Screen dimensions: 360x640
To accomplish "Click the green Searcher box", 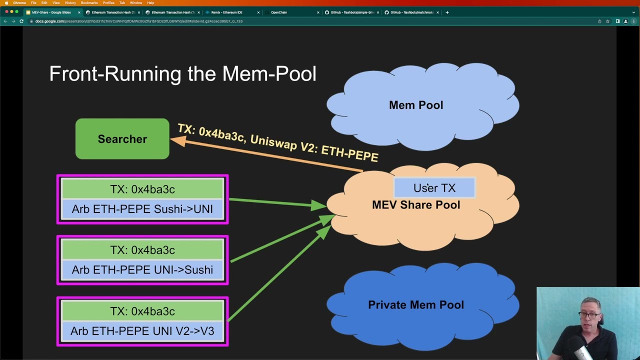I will pos(122,139).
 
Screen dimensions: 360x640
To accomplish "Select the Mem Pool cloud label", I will pos(416,105).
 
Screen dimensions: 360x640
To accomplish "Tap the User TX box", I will pos(434,188).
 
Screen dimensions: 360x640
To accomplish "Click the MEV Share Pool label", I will pos(416,205).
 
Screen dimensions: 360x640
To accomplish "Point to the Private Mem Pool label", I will pos(416,305).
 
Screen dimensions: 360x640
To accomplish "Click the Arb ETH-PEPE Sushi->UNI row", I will pos(142,209).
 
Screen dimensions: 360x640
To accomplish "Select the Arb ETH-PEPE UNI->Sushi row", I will pos(142,270).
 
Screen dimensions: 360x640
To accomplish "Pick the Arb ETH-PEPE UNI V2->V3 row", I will pos(142,331).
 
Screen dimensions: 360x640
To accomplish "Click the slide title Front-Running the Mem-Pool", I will pos(182,74).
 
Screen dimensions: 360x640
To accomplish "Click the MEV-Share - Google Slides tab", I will pos(51,12).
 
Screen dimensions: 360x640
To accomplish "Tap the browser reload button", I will pos(21,21).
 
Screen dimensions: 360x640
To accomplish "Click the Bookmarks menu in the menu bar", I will pos(89,3).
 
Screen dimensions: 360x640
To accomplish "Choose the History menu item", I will pos(70,3).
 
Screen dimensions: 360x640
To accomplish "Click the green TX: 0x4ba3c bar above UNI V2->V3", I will pos(142,311).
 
